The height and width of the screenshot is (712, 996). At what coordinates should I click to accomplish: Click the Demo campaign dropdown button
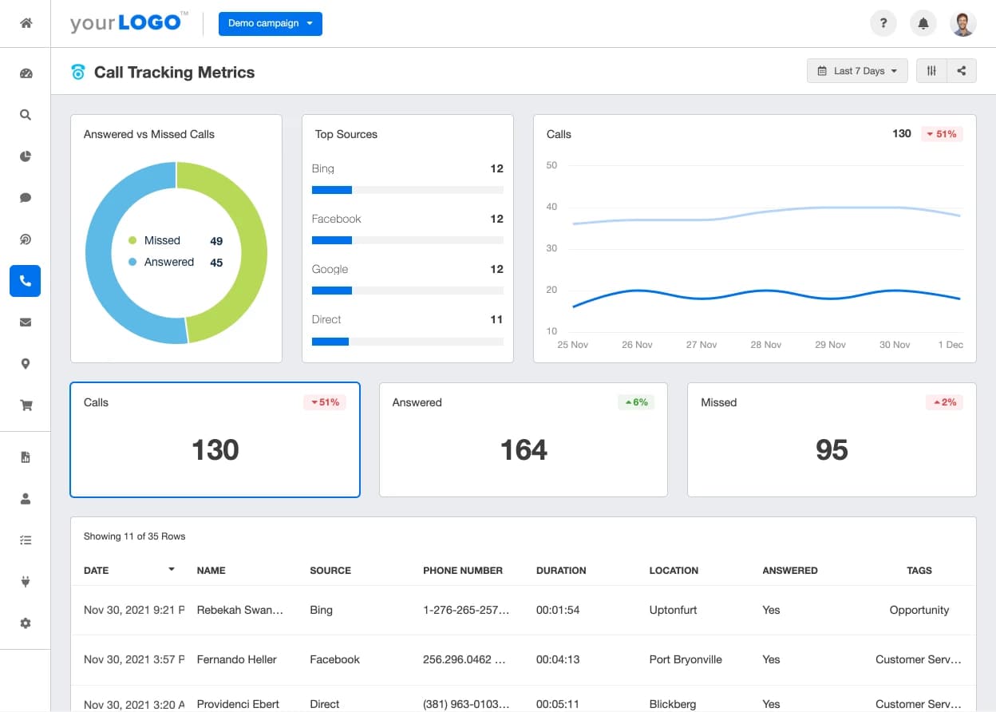pyautogui.click(x=270, y=24)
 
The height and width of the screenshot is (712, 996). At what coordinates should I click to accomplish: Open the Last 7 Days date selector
pyautogui.click(x=857, y=71)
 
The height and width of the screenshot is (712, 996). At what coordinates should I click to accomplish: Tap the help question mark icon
pyautogui.click(x=883, y=24)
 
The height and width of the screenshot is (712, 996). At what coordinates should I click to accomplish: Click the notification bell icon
pyautogui.click(x=923, y=24)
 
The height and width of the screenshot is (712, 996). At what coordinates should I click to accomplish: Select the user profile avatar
pyautogui.click(x=963, y=24)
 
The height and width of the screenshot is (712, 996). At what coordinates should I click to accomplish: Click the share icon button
pyautogui.click(x=962, y=71)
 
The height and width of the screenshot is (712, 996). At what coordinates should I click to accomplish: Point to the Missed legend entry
pyautogui.click(x=162, y=240)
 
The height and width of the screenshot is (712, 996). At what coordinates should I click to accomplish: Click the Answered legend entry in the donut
pyautogui.click(x=168, y=262)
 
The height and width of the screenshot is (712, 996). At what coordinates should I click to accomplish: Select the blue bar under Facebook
pyautogui.click(x=332, y=240)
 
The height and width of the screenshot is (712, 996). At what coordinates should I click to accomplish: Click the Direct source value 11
pyautogui.click(x=496, y=319)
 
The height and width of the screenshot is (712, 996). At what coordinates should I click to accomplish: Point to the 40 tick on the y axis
pyautogui.click(x=551, y=207)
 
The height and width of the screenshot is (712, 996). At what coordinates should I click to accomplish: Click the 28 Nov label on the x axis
pyautogui.click(x=766, y=345)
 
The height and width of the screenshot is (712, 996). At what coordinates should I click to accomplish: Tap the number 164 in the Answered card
pyautogui.click(x=524, y=450)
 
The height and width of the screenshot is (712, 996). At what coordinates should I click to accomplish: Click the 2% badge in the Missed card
pyautogui.click(x=943, y=402)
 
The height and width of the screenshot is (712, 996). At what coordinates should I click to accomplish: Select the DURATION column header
pyautogui.click(x=561, y=571)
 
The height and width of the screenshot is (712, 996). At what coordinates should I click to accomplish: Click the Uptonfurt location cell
pyautogui.click(x=674, y=610)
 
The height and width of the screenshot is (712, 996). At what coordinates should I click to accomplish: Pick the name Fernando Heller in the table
pyautogui.click(x=237, y=659)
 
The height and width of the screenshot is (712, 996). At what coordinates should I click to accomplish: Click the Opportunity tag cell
pyautogui.click(x=919, y=610)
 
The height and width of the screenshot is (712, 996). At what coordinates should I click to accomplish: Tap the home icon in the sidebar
pyautogui.click(x=26, y=23)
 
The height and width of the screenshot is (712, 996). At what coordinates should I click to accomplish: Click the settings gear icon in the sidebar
pyautogui.click(x=26, y=623)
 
